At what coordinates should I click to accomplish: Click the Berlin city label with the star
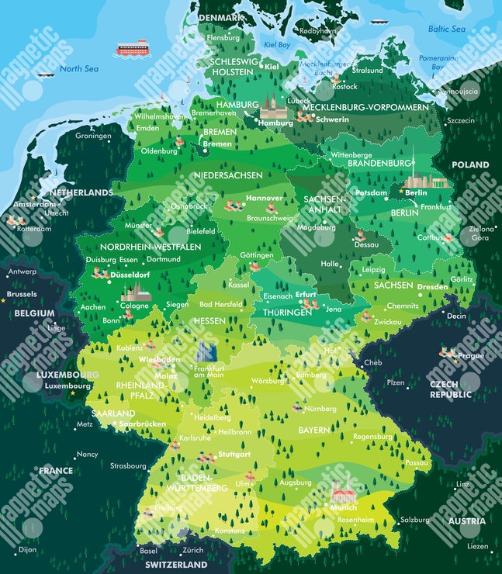416,192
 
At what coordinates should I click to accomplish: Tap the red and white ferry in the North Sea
132,49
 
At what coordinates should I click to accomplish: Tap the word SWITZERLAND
177,565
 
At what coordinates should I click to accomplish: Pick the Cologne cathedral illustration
136,292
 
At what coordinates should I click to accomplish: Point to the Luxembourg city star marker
73,393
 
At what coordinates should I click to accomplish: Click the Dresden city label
432,286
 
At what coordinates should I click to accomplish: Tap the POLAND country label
470,164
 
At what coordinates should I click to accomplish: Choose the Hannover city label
264,198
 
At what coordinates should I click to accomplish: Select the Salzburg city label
415,520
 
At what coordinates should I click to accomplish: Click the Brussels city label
21,295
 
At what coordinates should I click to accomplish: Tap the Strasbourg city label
128,466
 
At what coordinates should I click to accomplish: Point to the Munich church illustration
344,490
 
